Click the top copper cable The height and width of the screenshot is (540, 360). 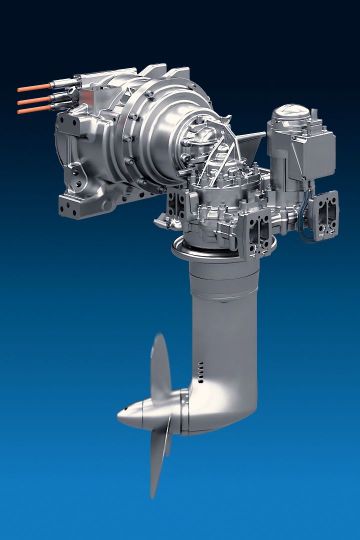click(30, 90)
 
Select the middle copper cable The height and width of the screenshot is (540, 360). click(30, 100)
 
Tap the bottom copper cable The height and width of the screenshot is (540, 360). click(30, 111)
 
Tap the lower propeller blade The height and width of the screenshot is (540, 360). click(155, 461)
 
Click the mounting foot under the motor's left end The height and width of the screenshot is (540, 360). click(75, 205)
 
